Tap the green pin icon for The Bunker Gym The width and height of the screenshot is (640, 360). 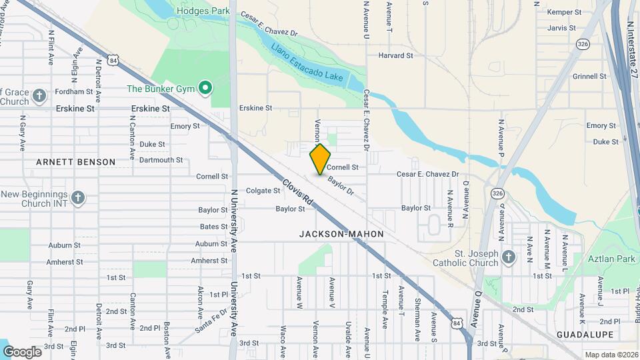(x=206, y=87)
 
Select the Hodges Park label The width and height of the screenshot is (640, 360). (x=203, y=11)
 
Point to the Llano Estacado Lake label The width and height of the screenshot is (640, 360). (x=307, y=63)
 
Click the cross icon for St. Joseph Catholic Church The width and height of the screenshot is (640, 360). (x=509, y=257)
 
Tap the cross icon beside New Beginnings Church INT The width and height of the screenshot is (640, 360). (x=78, y=198)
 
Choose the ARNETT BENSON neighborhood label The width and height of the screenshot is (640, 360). (x=75, y=162)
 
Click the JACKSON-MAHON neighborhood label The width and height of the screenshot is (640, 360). (x=341, y=234)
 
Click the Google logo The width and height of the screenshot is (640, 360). (x=22, y=351)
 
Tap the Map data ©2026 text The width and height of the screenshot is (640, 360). (x=611, y=355)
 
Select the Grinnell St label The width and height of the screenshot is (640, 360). (x=589, y=76)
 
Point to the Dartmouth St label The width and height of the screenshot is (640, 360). (x=161, y=160)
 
